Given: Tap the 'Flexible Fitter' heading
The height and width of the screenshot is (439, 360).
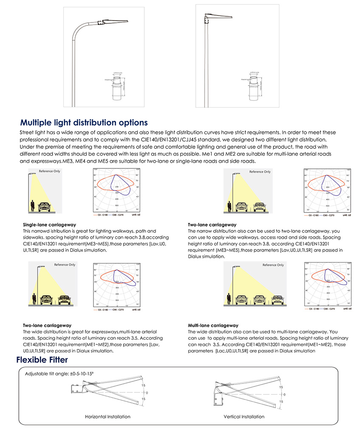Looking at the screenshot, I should click(42, 360).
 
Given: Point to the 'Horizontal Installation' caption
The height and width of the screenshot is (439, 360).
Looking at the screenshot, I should click(108, 417).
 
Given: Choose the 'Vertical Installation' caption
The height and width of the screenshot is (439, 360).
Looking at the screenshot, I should click(244, 417).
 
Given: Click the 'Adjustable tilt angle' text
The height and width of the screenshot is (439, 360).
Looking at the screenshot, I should click(59, 374).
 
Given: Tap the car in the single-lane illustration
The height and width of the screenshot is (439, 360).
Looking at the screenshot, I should click(45, 207).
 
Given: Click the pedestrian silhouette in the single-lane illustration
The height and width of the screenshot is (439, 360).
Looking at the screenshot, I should click(33, 206).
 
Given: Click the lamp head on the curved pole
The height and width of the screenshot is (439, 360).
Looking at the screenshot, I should click(114, 21).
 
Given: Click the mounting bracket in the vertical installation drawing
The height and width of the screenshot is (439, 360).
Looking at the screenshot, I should click(219, 394).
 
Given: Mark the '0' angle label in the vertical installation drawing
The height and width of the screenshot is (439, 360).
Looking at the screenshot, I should click(284, 394).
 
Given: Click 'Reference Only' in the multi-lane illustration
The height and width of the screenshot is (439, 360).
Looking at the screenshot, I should click(273, 265).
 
